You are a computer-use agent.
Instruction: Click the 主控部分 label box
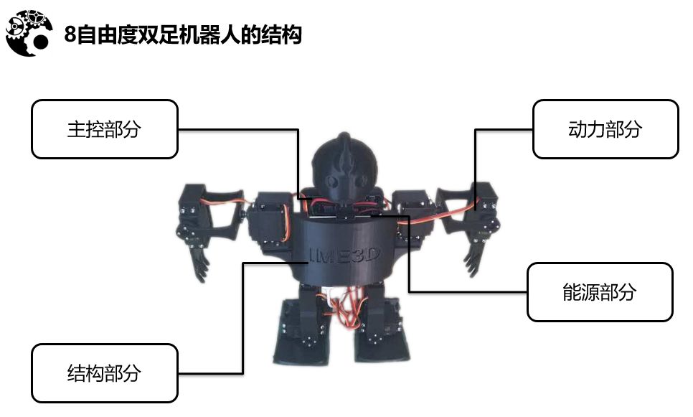click(104, 129)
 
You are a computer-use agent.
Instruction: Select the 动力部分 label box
click(605, 129)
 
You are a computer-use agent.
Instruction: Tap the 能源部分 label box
click(600, 291)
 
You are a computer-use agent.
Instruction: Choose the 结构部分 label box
click(104, 373)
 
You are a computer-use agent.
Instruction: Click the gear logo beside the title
click(29, 32)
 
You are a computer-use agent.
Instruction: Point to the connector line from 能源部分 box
click(466, 291)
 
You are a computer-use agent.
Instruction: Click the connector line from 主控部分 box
click(237, 130)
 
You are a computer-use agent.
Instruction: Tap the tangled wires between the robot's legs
click(344, 305)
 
